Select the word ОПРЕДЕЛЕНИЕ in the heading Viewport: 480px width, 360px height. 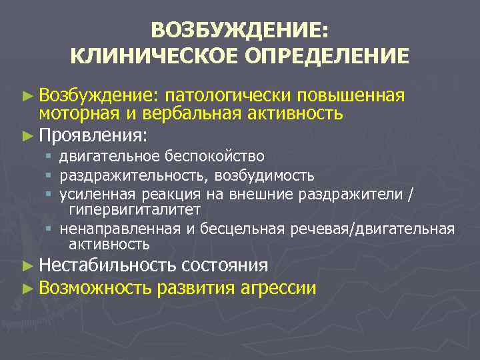point(326,55)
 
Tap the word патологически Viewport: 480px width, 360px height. point(227,95)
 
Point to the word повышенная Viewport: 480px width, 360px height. point(351,95)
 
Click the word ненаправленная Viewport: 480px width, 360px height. point(119,229)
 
